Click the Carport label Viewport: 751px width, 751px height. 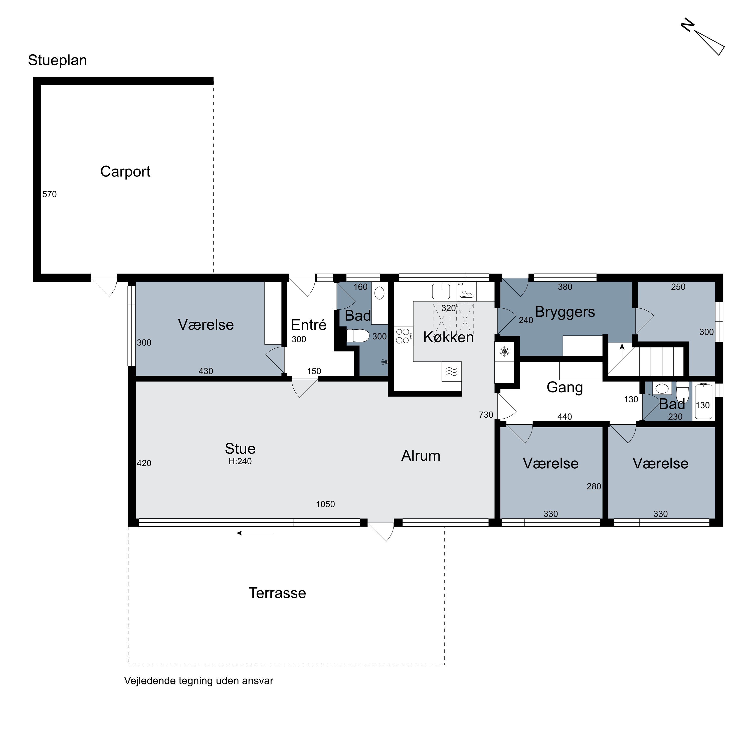click(x=125, y=172)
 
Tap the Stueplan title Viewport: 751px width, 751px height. click(x=58, y=61)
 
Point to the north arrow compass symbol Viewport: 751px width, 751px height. click(x=703, y=42)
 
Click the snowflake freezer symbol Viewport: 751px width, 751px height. click(x=504, y=352)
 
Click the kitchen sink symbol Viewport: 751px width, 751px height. click(x=441, y=291)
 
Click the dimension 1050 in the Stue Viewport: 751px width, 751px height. click(x=325, y=504)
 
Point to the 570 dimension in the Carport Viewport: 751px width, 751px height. click(x=49, y=194)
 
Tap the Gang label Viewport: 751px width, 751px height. click(x=565, y=388)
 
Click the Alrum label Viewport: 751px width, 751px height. click(x=421, y=456)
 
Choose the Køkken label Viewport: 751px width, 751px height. click(x=448, y=337)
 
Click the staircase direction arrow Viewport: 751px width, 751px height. click(x=622, y=351)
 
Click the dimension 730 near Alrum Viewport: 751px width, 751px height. click(x=486, y=415)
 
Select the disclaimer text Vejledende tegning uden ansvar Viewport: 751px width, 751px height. click(x=199, y=681)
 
